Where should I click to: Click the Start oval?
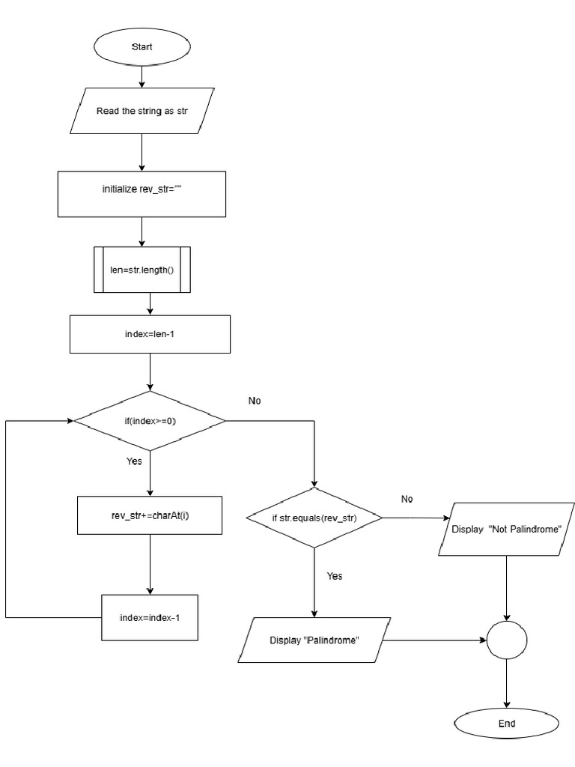142,46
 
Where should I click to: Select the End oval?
507,724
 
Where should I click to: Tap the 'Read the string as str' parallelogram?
142,111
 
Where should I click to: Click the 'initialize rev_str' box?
142,190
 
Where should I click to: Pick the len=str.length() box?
142,270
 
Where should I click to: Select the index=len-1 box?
150,334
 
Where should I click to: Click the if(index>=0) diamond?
150,421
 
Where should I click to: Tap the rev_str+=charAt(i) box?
150,515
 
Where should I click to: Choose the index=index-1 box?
150,618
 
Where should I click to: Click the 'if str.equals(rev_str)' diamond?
314,517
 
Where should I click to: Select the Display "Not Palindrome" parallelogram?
507,529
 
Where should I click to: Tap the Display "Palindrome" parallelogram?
314,640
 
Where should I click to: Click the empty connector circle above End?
507,640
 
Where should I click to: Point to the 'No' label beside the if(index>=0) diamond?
255,401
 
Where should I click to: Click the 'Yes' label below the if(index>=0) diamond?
134,461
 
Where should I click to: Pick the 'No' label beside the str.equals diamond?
407,499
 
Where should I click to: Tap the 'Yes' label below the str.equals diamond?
335,576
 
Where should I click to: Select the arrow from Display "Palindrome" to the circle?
434,640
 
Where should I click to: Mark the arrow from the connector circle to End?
507,685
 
